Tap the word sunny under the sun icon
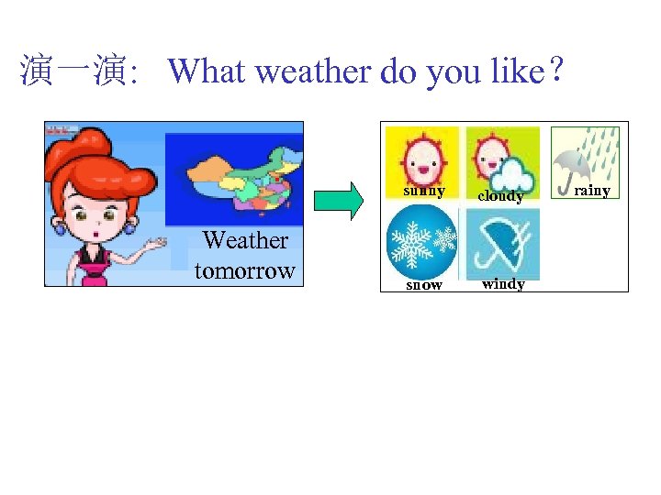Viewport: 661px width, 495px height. tap(424, 192)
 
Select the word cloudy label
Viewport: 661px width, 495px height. tap(501, 196)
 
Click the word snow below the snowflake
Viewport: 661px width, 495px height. tap(424, 285)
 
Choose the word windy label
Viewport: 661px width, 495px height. tap(503, 284)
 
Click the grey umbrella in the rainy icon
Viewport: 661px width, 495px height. tap(575, 165)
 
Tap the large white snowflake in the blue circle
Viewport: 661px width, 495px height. tap(412, 244)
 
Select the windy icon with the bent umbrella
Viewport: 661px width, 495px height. tap(502, 243)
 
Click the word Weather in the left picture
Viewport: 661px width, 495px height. tap(245, 240)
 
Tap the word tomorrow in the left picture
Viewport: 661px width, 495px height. tap(244, 270)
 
